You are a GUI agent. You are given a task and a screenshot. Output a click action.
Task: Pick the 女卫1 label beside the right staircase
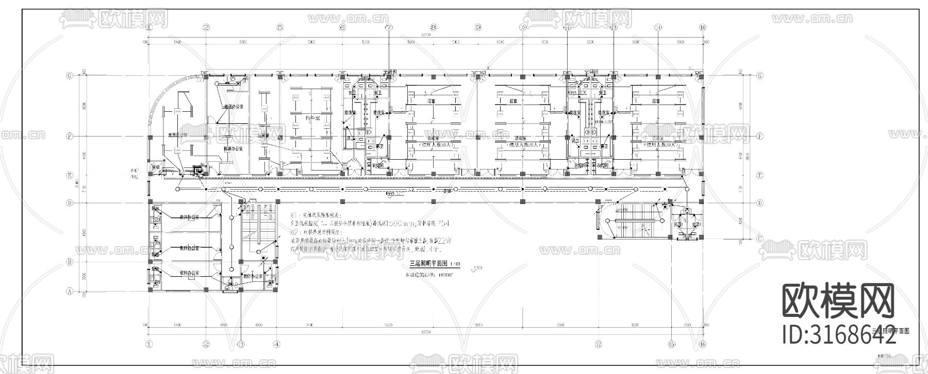pyautogui.click(x=692, y=226)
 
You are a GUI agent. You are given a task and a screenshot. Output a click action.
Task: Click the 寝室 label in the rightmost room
pyautogui.click(x=656, y=101)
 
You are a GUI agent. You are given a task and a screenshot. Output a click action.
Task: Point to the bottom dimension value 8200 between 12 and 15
pyautogui.click(x=635, y=326)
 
